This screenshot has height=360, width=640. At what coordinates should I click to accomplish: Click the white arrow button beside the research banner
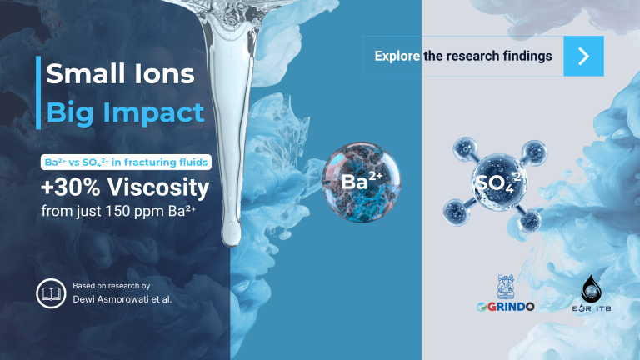click(x=583, y=56)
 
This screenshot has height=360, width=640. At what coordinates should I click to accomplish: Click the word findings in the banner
click(x=526, y=57)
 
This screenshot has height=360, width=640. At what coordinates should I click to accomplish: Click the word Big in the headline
click(x=67, y=112)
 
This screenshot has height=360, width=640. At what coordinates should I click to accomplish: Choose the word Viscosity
click(x=157, y=187)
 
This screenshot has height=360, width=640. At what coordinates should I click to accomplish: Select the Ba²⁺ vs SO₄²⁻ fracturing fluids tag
click(x=125, y=161)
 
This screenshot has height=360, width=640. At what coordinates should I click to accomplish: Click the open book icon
click(x=51, y=292)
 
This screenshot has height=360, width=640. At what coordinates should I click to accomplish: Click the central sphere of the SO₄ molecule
click(x=492, y=182)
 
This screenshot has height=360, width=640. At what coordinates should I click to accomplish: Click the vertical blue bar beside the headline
click(x=38, y=92)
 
